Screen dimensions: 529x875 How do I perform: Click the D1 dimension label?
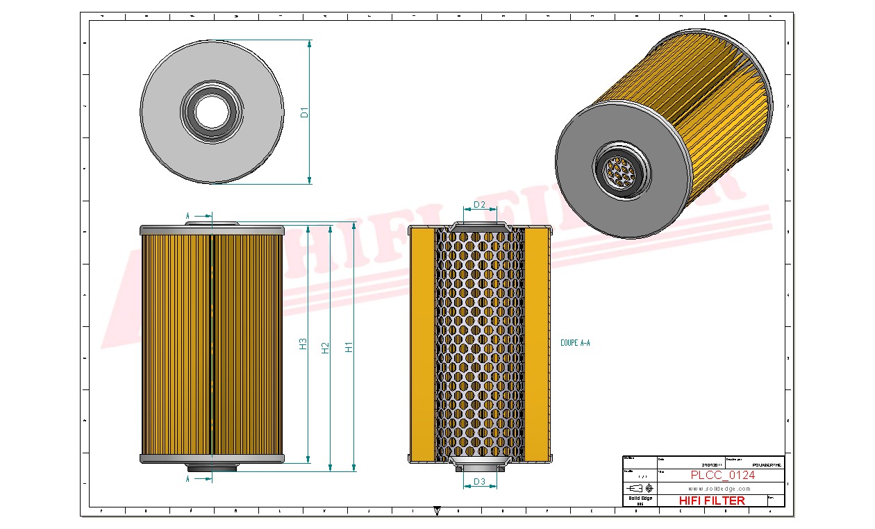304,112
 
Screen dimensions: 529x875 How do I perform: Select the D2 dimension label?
479,205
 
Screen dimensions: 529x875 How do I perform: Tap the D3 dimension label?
479,482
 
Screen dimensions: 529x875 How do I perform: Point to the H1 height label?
349,346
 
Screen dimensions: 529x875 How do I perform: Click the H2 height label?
325,348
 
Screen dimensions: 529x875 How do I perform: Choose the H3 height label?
303,344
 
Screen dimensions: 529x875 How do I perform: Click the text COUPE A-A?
575,343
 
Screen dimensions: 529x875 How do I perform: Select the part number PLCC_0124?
722,476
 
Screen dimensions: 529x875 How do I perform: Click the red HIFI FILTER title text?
711,501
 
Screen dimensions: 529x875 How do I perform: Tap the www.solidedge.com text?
719,489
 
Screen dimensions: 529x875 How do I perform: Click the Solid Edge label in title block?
639,498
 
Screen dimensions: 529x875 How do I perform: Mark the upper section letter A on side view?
187,217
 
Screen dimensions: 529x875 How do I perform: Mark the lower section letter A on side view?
187,479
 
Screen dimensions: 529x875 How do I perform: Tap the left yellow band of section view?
422,345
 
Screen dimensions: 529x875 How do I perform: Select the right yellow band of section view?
535,345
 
